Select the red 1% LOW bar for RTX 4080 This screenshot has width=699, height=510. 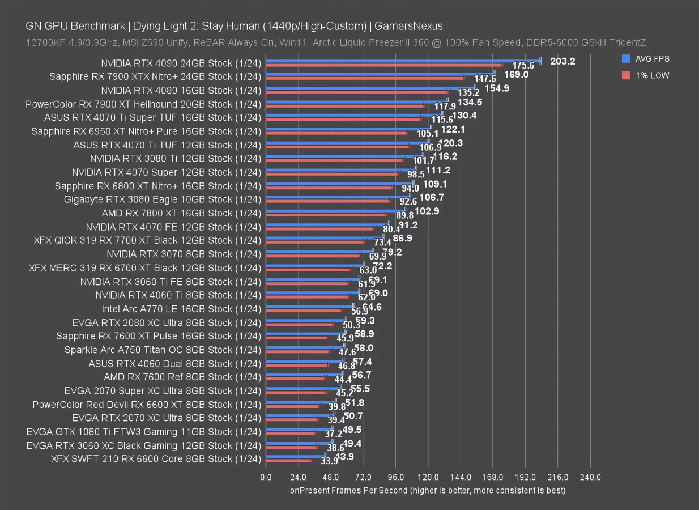pos(357,92)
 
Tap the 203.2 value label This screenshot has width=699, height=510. pos(562,61)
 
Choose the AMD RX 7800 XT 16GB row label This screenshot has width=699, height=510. pos(181,213)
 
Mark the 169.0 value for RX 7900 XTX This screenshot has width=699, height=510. pos(516,74)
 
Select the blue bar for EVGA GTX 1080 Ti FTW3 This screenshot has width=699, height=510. pos(299,428)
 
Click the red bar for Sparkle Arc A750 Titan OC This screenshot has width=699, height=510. pos(297,352)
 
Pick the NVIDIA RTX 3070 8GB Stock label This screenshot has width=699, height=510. pos(184,254)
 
